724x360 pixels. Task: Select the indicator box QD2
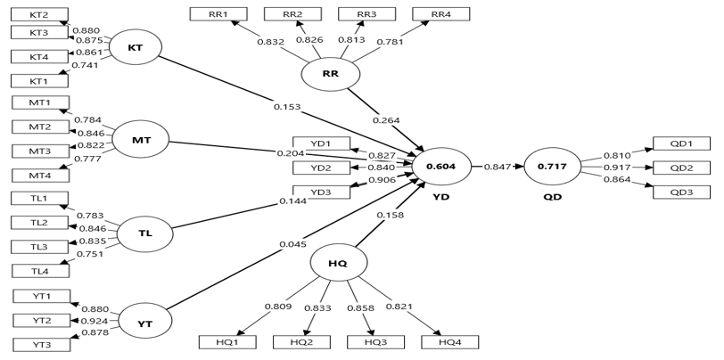(681, 167)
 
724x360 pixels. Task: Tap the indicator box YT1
(41, 297)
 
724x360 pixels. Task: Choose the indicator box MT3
(40, 151)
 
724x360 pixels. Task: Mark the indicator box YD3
(320, 192)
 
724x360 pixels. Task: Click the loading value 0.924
(96, 321)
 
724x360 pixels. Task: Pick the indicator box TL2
(40, 223)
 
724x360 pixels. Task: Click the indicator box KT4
(40, 57)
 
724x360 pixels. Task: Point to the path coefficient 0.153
(288, 107)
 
